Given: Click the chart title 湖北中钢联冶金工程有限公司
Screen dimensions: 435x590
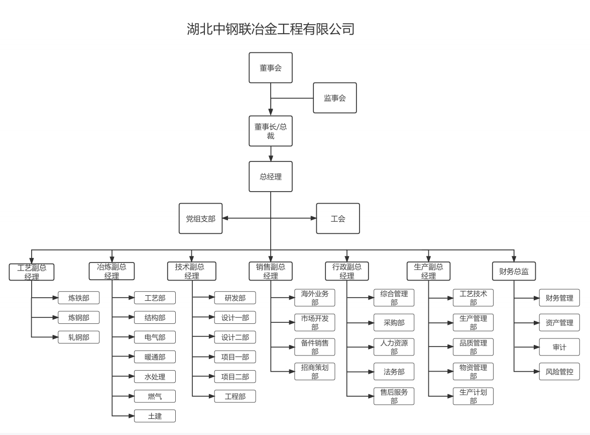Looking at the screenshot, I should [x=271, y=29].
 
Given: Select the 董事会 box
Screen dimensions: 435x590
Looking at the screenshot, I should [x=271, y=68].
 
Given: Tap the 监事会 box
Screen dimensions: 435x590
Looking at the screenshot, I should [x=335, y=98].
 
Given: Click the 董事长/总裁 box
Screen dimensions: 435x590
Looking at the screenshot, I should [x=271, y=131].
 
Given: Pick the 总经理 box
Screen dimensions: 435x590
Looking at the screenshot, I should [x=271, y=177].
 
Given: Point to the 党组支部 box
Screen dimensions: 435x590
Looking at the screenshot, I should [x=200, y=219].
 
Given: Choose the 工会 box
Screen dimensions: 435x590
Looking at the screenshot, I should [x=338, y=219].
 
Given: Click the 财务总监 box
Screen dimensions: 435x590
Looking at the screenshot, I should [x=514, y=272].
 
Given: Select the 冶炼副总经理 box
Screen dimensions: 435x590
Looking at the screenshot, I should [x=112, y=272].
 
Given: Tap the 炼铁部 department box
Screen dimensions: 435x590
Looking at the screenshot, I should [x=79, y=298].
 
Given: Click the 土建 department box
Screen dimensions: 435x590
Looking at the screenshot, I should [x=155, y=416].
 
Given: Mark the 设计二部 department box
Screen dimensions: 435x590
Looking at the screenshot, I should [x=235, y=337].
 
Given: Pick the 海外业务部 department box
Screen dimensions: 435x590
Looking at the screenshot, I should [x=315, y=298].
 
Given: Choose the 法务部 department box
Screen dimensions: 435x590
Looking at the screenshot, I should [x=394, y=372].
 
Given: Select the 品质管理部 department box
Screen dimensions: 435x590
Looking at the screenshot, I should [x=473, y=347].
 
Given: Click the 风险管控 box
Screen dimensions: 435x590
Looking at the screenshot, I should [x=559, y=372].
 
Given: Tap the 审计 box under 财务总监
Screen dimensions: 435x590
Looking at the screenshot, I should [x=559, y=347].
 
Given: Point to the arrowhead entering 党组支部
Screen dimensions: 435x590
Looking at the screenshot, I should [x=225, y=219].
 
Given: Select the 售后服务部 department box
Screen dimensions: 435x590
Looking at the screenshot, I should [x=394, y=396].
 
